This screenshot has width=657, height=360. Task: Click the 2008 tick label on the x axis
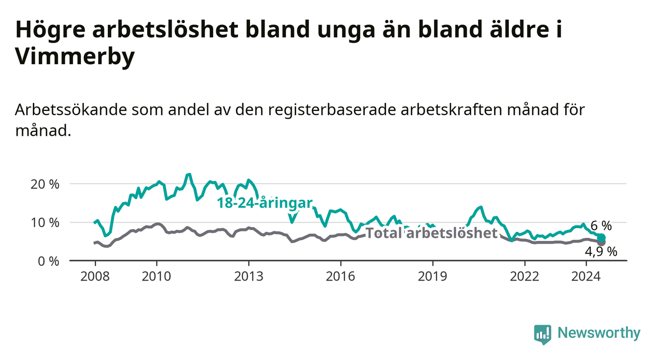click(x=95, y=277)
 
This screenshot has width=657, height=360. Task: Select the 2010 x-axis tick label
click(x=156, y=277)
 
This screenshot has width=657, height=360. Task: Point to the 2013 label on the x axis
click(x=249, y=277)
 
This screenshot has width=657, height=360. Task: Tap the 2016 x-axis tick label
click(x=341, y=277)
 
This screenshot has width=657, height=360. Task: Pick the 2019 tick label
click(x=432, y=277)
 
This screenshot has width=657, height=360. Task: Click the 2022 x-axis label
click(x=525, y=277)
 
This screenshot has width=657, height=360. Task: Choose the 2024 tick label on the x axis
click(x=586, y=277)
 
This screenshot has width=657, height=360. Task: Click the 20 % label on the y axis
click(x=45, y=184)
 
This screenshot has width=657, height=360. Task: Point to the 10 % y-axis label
click(x=45, y=223)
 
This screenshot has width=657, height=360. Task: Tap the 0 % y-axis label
click(x=49, y=261)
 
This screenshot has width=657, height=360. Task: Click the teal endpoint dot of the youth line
click(x=601, y=237)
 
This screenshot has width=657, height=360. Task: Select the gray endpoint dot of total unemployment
click(x=602, y=243)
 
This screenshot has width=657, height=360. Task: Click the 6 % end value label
click(x=601, y=226)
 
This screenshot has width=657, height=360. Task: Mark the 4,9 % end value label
click(x=601, y=252)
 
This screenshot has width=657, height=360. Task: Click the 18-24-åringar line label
click(x=265, y=203)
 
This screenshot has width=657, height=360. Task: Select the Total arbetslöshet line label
click(x=432, y=233)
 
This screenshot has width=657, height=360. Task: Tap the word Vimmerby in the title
click(x=75, y=56)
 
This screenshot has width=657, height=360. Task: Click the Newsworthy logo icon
click(x=543, y=334)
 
